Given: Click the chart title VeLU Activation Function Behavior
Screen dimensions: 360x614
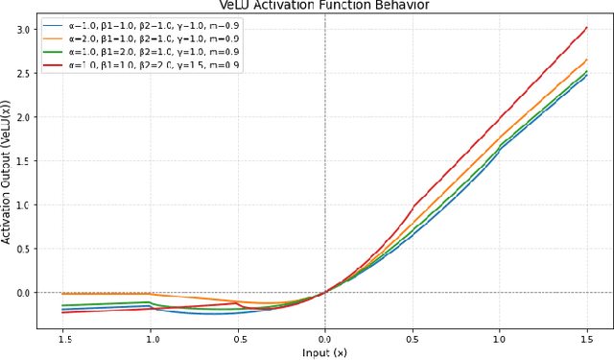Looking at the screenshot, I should click(x=325, y=5).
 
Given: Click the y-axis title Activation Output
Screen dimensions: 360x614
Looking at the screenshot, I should click(x=9, y=177).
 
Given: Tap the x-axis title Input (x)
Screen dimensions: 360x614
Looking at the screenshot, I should click(x=325, y=353).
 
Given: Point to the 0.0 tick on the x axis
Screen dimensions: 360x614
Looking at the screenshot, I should click(x=325, y=338).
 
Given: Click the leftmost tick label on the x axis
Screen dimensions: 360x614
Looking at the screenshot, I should click(x=62, y=338).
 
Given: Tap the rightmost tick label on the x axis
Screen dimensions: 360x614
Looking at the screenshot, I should click(x=586, y=338).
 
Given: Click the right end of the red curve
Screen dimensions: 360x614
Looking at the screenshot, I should click(x=587, y=28).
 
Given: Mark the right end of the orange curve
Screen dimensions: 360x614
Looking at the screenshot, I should click(x=587, y=60).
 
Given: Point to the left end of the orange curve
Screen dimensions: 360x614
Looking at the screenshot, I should click(x=62, y=294).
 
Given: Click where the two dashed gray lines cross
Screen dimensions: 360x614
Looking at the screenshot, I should click(x=325, y=292).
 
